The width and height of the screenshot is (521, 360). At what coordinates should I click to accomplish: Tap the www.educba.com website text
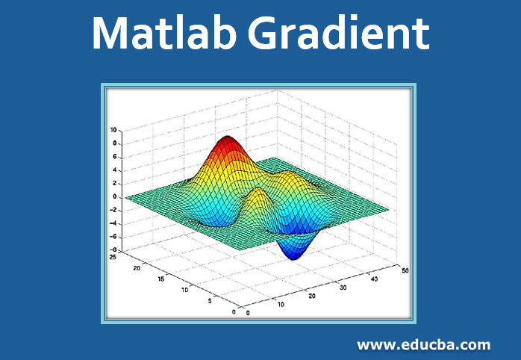423,345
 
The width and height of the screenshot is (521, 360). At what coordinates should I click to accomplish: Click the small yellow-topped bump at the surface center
257,196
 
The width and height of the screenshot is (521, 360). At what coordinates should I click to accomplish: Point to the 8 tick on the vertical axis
114,143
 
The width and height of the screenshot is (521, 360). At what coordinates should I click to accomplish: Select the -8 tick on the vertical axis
113,250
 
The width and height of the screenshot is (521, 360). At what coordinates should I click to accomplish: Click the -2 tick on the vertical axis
113,210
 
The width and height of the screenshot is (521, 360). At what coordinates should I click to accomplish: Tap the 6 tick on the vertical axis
114,157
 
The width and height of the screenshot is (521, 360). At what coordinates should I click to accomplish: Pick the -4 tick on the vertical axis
113,223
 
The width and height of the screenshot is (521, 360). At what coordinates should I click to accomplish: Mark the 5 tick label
211,301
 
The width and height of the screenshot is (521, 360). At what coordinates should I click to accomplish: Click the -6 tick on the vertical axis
113,237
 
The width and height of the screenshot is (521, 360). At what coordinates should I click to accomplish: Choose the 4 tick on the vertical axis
114,170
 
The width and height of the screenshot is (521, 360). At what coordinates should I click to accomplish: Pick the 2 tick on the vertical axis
114,184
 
